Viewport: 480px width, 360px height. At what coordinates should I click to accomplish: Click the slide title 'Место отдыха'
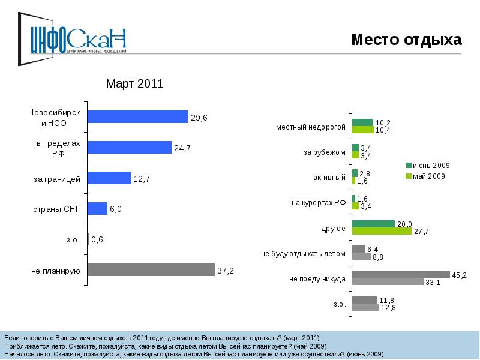pyautogui.click(x=406, y=40)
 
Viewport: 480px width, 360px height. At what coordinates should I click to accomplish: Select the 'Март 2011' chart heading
pyautogui.click(x=134, y=84)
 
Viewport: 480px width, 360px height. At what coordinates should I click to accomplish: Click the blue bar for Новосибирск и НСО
pyautogui.click(x=138, y=117)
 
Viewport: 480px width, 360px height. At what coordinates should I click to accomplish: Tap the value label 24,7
pyautogui.click(x=182, y=148)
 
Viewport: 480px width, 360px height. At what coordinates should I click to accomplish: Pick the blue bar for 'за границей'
pyautogui.click(x=109, y=178)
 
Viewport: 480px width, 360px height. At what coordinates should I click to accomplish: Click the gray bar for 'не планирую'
pyautogui.click(x=151, y=270)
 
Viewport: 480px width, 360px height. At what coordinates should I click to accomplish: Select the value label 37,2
pyautogui.click(x=225, y=271)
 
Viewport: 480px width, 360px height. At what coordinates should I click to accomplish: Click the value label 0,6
pyautogui.click(x=97, y=240)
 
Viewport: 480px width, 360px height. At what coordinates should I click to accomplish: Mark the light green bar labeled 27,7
pyautogui.click(x=382, y=231)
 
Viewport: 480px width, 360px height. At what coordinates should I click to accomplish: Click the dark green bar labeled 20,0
pyautogui.click(x=373, y=224)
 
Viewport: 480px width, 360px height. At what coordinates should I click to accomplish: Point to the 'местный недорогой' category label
pyautogui.click(x=311, y=127)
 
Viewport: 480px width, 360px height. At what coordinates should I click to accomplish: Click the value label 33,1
pyautogui.click(x=433, y=283)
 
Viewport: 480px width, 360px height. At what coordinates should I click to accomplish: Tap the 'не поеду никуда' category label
pyautogui.click(x=317, y=279)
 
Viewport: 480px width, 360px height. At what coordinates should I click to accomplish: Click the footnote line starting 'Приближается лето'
pyautogui.click(x=166, y=346)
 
